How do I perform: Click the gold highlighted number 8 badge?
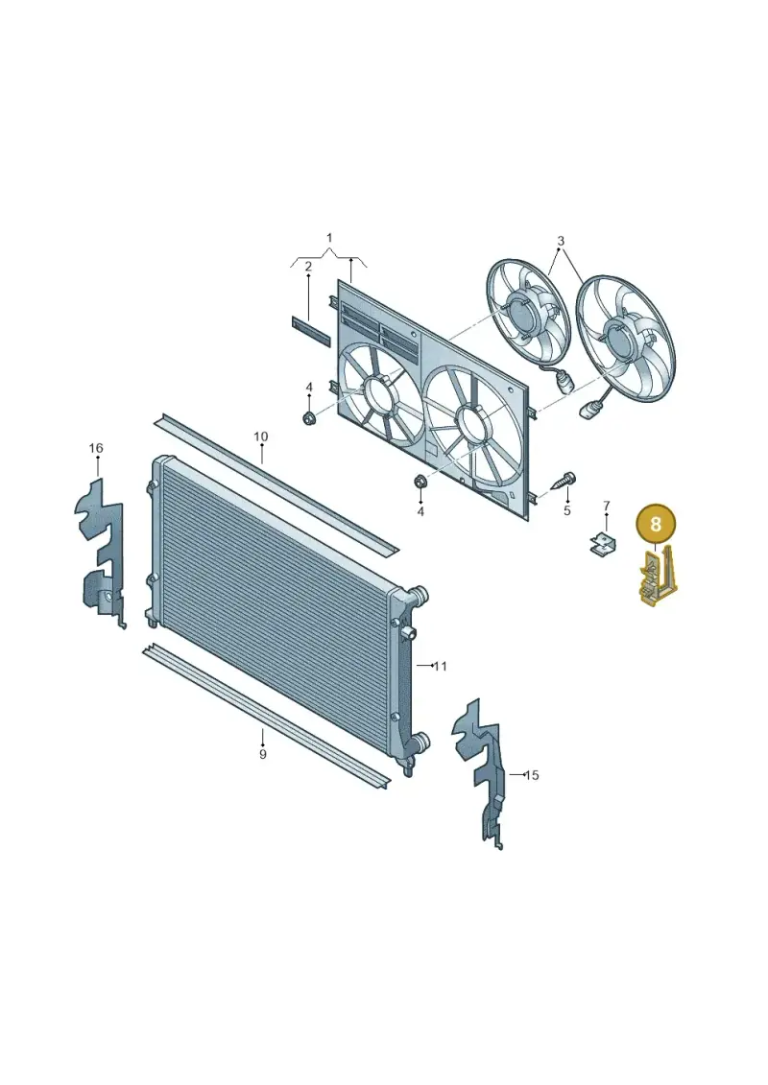tap(655, 523)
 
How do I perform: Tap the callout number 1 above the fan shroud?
tap(329, 238)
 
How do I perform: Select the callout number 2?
tap(308, 267)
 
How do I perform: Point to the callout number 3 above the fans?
tap(561, 241)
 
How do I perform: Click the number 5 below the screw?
tap(567, 510)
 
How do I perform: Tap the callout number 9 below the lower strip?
tap(262, 754)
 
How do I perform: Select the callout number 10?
tap(260, 436)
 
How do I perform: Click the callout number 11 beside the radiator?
tap(440, 667)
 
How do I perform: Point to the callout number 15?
tap(531, 776)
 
